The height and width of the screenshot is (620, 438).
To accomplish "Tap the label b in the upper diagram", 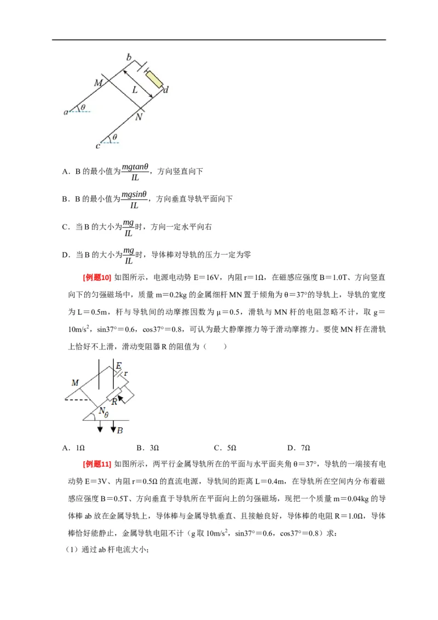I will (x=129, y=58).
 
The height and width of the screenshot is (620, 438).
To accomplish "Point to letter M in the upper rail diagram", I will (x=98, y=83).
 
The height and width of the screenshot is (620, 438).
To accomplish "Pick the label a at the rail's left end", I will (x=66, y=112).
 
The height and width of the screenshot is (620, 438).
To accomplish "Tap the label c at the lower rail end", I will (x=97, y=146).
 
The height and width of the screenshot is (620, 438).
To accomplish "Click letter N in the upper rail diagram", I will (x=139, y=117).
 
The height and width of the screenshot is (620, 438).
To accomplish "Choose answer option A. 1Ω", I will (x=73, y=447).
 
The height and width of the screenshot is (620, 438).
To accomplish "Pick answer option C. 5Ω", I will (x=224, y=447).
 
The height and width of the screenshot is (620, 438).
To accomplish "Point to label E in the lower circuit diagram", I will (x=119, y=365).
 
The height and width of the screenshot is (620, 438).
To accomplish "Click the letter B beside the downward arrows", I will (x=120, y=430).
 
